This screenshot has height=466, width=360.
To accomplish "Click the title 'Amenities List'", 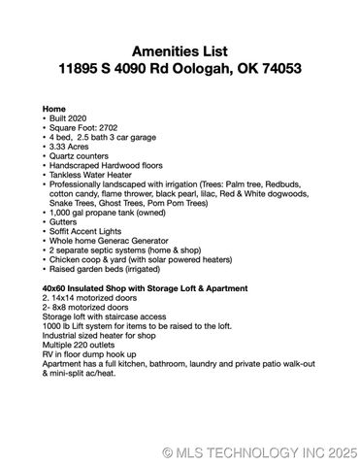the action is tap(180, 51).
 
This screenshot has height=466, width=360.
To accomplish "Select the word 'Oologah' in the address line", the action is tap(212, 71).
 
